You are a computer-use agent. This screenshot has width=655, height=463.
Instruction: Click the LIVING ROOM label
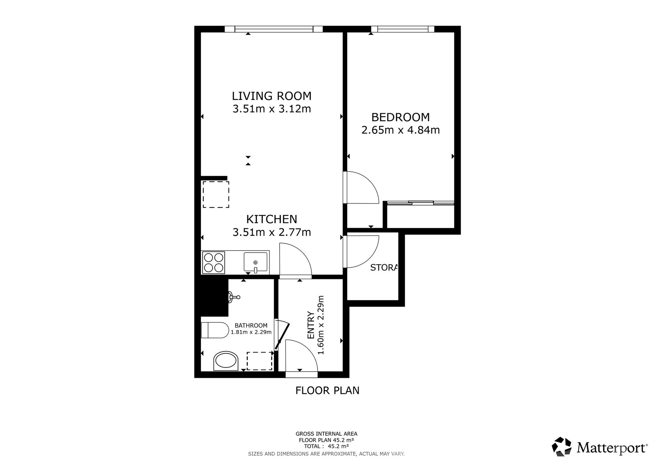coord(272,96)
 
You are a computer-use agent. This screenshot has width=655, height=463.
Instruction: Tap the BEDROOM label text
coord(401,117)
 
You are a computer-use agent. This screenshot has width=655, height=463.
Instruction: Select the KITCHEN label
coord(272,219)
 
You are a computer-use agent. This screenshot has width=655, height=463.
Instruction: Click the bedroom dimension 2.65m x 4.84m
coord(401,130)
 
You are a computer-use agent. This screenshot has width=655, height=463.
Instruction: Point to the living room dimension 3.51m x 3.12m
coord(272,109)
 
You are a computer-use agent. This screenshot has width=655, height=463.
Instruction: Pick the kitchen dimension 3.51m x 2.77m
coord(272,232)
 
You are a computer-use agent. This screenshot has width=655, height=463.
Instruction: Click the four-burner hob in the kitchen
coord(214,263)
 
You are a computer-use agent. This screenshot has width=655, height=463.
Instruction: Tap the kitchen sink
coord(256,263)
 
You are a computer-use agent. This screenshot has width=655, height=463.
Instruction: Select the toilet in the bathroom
coord(215,330)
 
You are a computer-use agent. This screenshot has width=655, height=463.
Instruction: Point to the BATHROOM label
coord(251,326)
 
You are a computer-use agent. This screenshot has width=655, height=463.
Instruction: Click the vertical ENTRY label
coord(311,325)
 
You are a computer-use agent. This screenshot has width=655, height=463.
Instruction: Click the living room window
coord(274,29)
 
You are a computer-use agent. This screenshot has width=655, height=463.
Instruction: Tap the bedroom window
coord(403,29)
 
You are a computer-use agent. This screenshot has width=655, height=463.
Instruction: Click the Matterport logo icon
coord(562,446)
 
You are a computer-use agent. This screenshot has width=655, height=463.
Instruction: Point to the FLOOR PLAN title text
coord(327,390)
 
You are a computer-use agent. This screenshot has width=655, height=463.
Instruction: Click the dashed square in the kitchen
coord(216,194)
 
